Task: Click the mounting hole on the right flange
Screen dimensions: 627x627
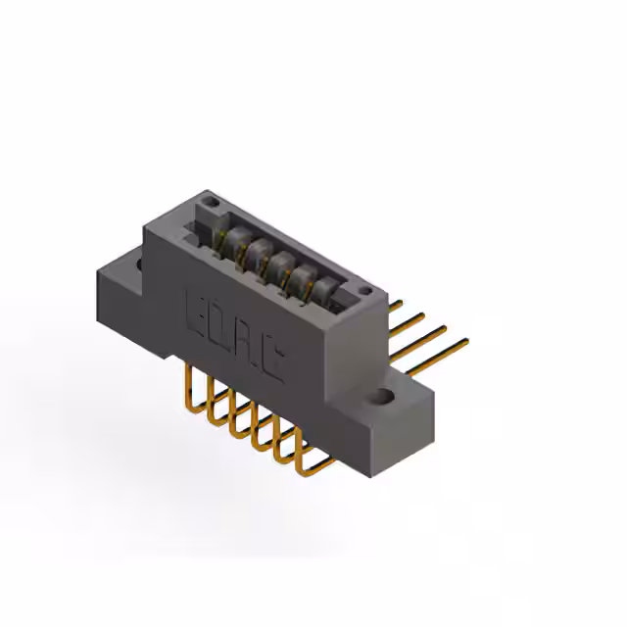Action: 383,398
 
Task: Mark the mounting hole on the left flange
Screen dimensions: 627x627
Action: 137,263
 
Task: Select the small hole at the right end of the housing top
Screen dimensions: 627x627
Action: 364,290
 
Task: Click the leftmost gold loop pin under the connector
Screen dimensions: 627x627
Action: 189,392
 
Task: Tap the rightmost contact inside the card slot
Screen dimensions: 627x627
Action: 323,292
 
